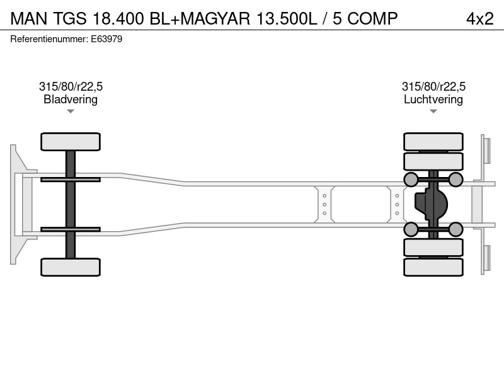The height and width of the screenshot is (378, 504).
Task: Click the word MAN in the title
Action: coord(29,18)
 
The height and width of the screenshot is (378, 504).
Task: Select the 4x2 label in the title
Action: coord(480,18)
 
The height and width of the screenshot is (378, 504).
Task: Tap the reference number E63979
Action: coord(106,39)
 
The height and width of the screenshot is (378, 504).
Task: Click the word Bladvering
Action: coord(71,100)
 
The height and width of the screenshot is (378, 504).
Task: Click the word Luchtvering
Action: coord(433,100)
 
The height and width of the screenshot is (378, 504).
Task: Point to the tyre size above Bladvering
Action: coord(71,86)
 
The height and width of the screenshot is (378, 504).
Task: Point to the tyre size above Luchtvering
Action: coord(433,86)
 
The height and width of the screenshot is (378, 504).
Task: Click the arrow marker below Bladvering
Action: coord(71,112)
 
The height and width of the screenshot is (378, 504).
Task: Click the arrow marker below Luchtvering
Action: coord(433,112)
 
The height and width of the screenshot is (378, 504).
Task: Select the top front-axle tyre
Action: coord(71,142)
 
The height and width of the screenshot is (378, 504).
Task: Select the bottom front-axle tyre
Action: coord(71,267)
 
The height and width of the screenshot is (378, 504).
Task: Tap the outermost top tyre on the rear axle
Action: coord(433,142)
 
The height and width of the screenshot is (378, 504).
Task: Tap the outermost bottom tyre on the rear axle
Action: coord(433,267)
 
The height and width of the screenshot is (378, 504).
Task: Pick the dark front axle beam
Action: coord(71,204)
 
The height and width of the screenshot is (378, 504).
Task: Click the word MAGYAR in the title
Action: coord(215,18)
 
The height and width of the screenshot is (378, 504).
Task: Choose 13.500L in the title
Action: coord(287,18)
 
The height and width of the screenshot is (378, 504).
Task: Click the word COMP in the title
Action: coord(372,18)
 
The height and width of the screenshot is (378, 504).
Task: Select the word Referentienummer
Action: coord(49,39)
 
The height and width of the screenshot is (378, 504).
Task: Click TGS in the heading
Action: coord(70,18)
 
